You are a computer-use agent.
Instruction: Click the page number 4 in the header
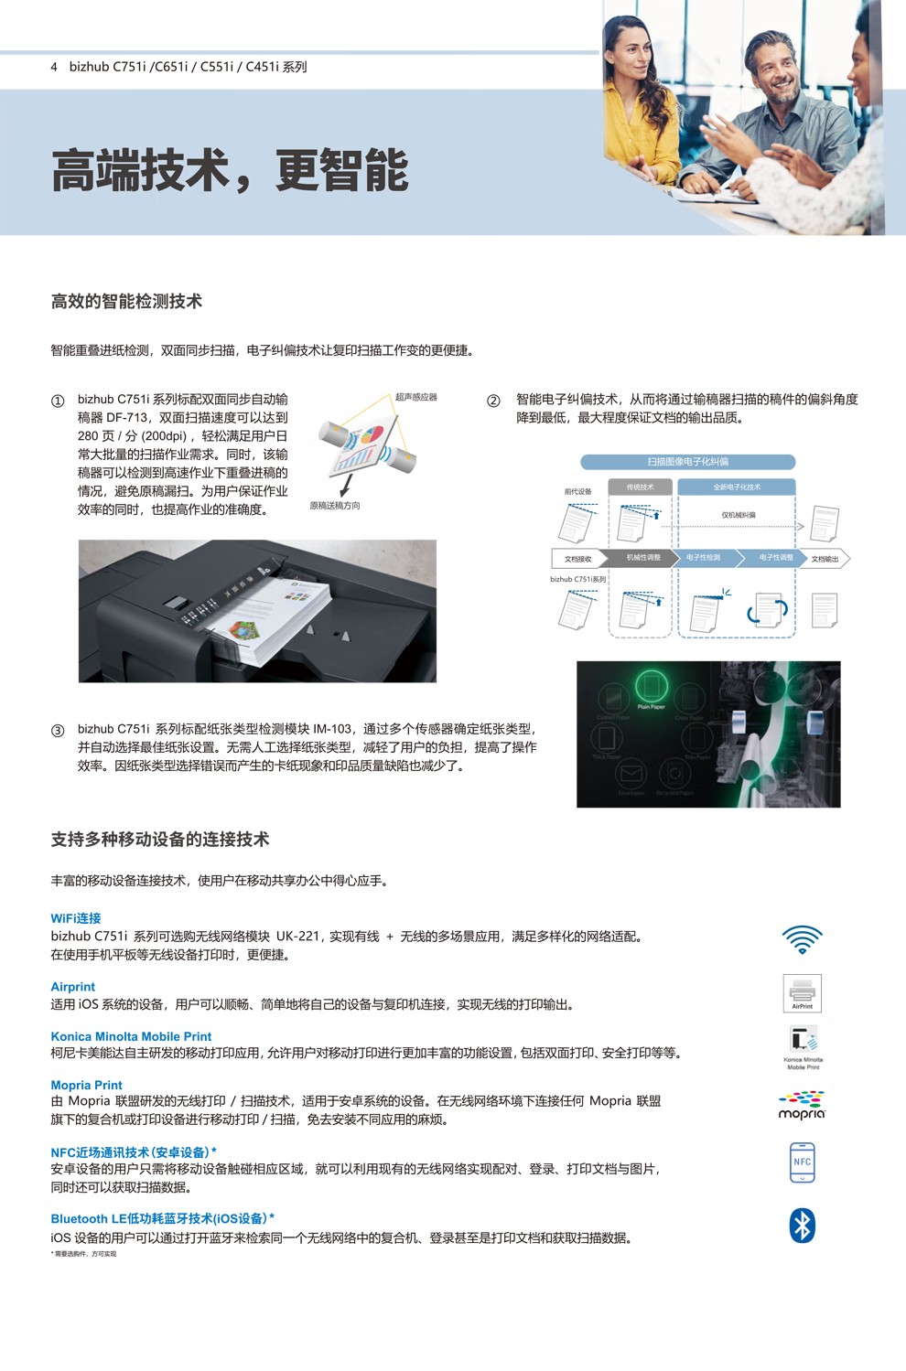point(54,67)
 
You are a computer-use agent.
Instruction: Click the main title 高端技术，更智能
point(230,170)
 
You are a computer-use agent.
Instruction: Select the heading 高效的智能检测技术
point(126,301)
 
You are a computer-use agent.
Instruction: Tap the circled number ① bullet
point(58,401)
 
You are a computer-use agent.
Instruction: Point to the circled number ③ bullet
point(58,730)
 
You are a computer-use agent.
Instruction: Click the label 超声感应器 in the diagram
point(415,397)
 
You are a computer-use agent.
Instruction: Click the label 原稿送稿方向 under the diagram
point(335,506)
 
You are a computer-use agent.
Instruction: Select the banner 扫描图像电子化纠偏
point(688,462)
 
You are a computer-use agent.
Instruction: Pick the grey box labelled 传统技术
point(641,487)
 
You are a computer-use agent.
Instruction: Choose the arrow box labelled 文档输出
point(825,558)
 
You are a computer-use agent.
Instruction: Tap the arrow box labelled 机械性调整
point(642,558)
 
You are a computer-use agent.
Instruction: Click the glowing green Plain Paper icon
point(652,686)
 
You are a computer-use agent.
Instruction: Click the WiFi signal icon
point(803,939)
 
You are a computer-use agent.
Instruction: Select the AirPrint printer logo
point(803,991)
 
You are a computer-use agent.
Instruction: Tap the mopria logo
point(802,1104)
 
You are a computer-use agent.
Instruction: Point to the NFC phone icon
point(803,1162)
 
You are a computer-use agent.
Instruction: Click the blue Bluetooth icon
point(803,1226)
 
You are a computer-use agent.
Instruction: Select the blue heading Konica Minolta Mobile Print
point(131,1036)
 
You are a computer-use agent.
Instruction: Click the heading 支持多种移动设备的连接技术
point(160,839)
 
